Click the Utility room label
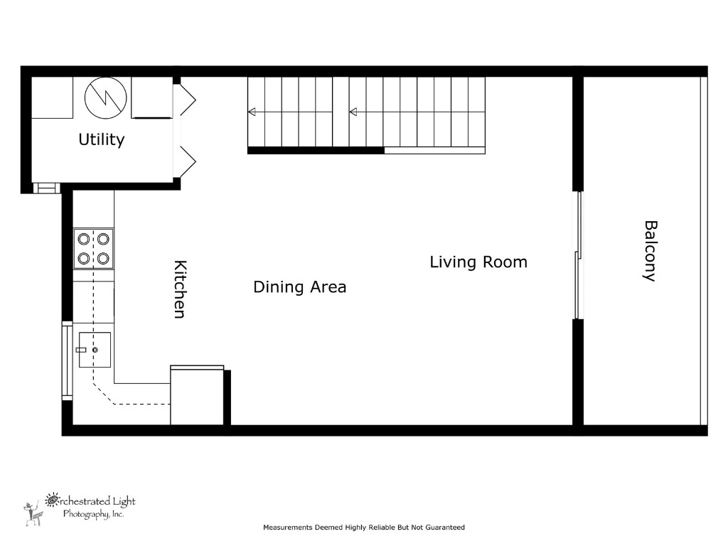click(101, 140)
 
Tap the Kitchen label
click(180, 289)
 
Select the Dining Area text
click(299, 287)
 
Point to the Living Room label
click(478, 262)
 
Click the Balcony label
click(649, 251)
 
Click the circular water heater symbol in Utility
click(106, 99)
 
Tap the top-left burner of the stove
click(84, 239)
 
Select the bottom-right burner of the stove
click(104, 258)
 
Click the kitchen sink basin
click(95, 350)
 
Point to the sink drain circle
click(95, 350)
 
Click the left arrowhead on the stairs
click(252, 111)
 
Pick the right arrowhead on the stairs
click(353, 111)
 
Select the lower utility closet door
click(186, 161)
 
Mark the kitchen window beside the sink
click(67, 360)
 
